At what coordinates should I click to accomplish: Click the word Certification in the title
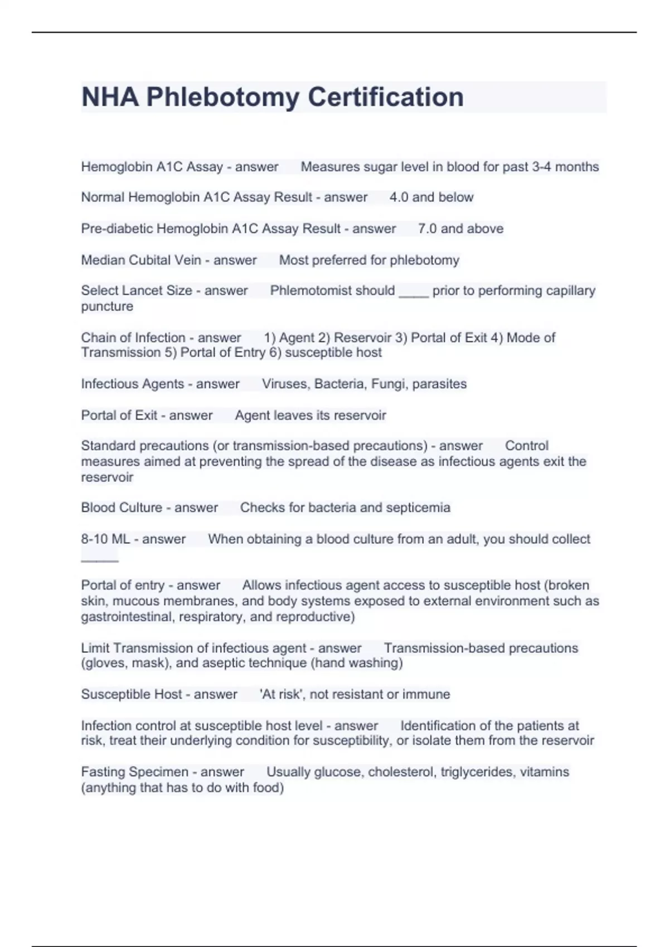point(385,97)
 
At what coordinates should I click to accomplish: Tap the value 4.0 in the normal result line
point(399,197)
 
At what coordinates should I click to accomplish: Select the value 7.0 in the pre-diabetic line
point(427,228)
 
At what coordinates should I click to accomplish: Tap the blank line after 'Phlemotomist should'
point(414,295)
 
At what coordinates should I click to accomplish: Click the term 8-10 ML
point(105,539)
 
